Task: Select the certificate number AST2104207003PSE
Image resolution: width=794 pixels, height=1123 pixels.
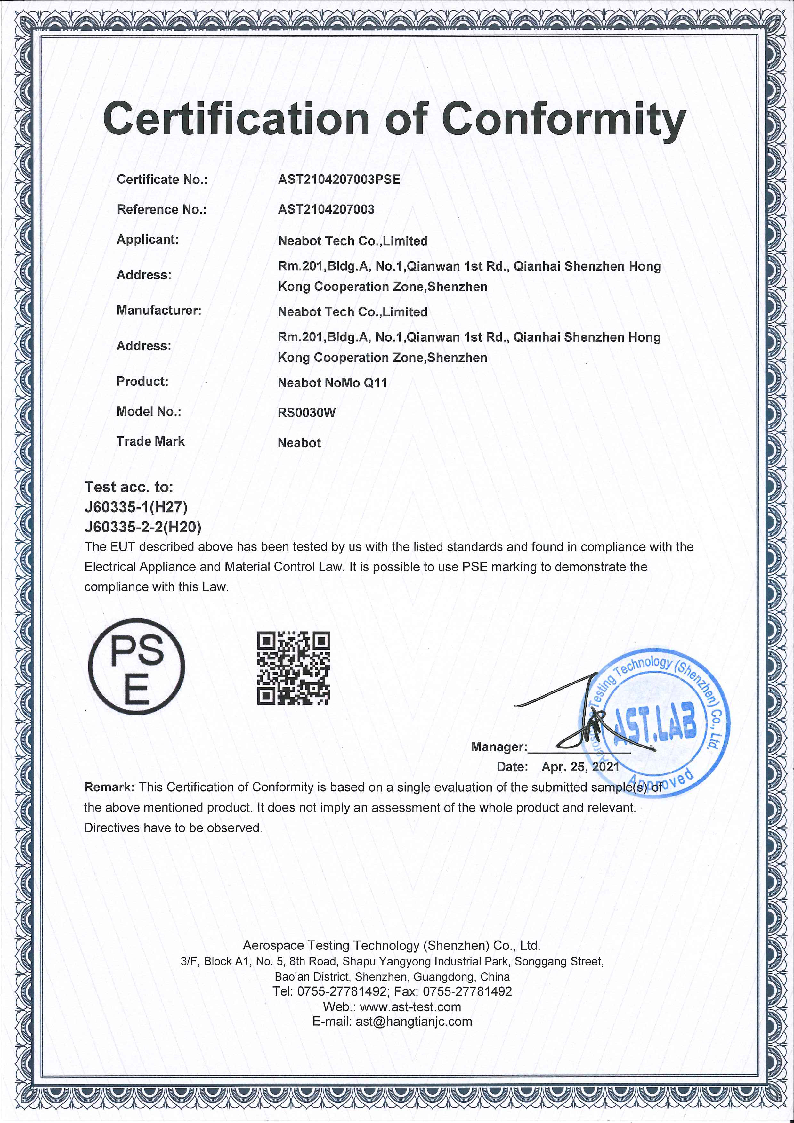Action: coord(339,180)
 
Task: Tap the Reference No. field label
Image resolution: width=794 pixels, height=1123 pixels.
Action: coord(161,209)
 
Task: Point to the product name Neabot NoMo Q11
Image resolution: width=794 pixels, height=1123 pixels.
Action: coord(332,383)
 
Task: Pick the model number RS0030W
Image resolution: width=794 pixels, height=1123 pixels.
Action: coord(307,413)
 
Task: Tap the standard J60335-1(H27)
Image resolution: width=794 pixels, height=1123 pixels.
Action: coord(136,507)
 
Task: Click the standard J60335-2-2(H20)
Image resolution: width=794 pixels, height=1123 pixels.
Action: coord(143,527)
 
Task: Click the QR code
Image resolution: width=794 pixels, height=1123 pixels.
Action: coord(294,668)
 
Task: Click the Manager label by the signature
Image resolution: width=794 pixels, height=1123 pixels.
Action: coord(498,747)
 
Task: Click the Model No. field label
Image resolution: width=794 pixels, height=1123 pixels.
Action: coord(148,411)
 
